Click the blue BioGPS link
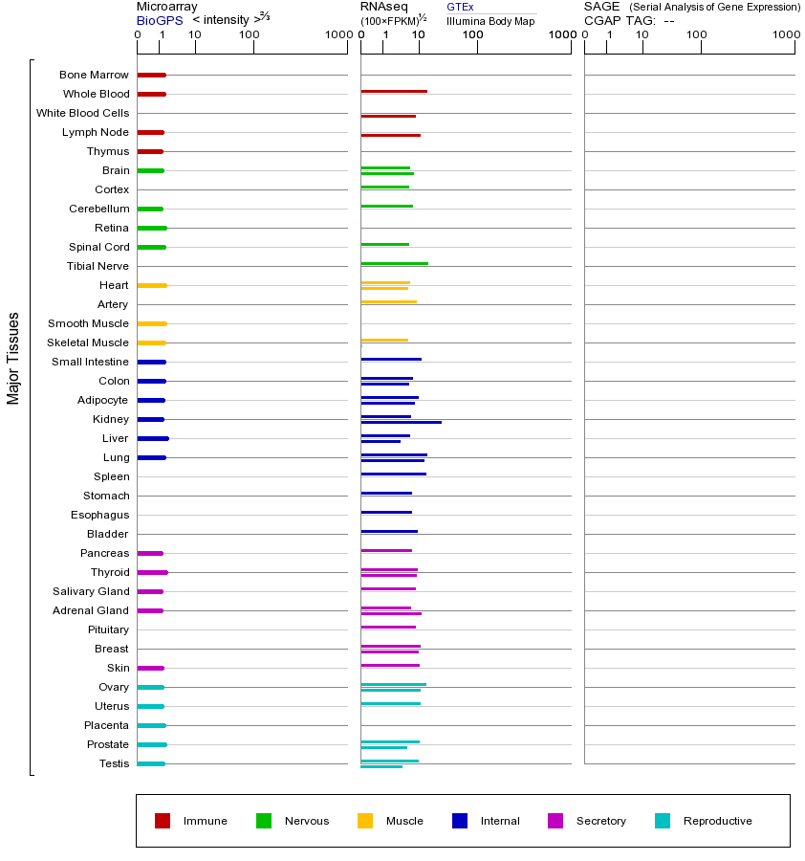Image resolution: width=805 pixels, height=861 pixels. [160, 20]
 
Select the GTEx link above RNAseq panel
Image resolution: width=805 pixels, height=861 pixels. [460, 7]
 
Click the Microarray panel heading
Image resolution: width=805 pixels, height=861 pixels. [167, 7]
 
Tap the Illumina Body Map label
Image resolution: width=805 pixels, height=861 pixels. [490, 21]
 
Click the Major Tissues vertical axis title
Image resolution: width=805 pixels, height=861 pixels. [13, 358]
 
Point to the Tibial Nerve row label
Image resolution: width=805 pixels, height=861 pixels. [98, 266]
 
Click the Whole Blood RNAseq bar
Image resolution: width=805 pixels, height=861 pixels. [394, 91]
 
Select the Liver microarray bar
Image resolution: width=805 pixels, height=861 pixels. [153, 438]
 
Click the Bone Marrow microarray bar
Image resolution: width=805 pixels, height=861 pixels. [151, 75]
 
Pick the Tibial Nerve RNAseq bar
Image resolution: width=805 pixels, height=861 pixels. [394, 263]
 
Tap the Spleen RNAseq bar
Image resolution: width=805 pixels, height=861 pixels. [393, 474]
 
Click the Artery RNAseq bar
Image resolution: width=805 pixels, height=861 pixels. [388, 301]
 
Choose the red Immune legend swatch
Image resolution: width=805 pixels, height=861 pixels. [163, 821]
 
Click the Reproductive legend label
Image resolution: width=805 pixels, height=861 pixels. [717, 821]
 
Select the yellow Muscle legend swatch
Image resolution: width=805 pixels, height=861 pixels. [365, 821]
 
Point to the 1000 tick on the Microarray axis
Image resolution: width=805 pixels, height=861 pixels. [337, 34]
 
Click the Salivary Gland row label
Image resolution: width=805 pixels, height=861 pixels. [91, 591]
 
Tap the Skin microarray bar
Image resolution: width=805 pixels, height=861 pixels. [150, 668]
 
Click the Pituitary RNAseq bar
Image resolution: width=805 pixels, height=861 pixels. [388, 627]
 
